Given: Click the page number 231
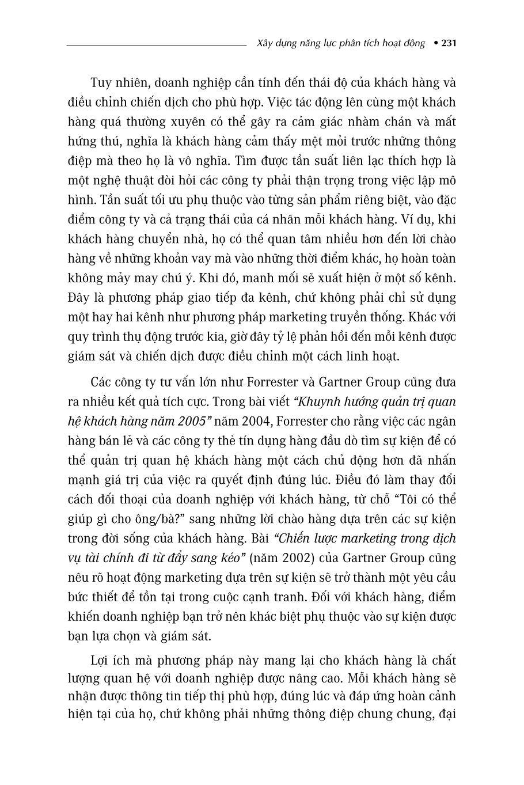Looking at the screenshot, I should click(x=449, y=43).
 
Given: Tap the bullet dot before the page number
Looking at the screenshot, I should click(x=435, y=43).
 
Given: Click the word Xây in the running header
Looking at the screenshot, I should click(x=262, y=43).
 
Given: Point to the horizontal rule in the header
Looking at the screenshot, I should click(x=156, y=44).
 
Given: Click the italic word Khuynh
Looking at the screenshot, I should click(x=317, y=401).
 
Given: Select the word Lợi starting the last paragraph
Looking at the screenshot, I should click(x=101, y=659).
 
